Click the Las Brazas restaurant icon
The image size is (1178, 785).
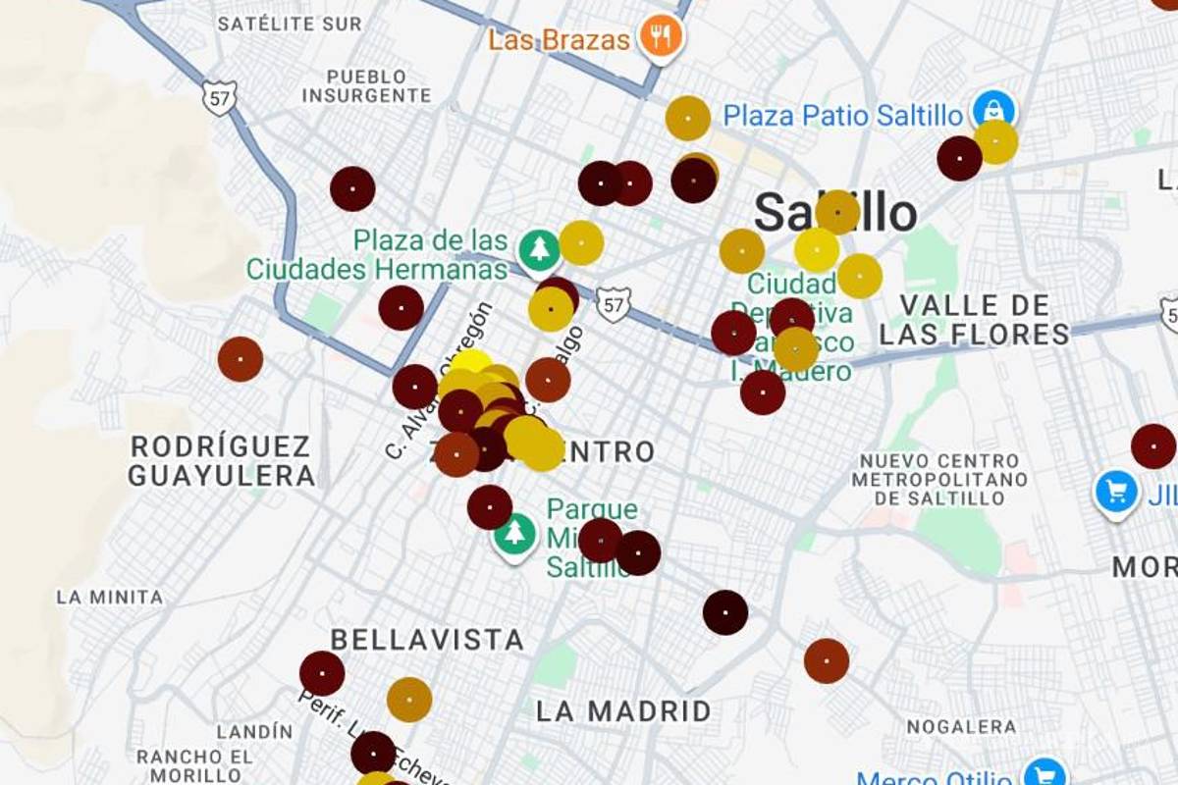click(x=661, y=38)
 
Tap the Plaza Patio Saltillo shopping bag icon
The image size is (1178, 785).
click(x=994, y=111)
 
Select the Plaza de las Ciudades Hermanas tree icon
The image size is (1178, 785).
click(x=539, y=250)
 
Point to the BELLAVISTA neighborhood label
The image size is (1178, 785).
click(x=427, y=641)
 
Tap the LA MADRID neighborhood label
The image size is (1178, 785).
click(x=623, y=711)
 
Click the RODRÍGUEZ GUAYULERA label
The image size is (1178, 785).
click(x=223, y=461)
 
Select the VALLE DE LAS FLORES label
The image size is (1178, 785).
click(x=975, y=320)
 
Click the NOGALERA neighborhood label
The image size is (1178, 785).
click(x=961, y=727)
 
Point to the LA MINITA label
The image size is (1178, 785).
click(x=110, y=597)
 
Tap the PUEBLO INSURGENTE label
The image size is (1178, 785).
click(x=366, y=86)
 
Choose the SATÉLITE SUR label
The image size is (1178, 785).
click(x=290, y=23)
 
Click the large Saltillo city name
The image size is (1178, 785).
click(x=835, y=212)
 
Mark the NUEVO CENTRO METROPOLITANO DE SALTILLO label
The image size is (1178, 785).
click(x=939, y=479)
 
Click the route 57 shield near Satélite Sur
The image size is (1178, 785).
click(x=219, y=97)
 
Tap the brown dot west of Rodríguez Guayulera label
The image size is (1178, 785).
click(x=241, y=359)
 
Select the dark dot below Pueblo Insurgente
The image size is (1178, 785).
click(x=352, y=188)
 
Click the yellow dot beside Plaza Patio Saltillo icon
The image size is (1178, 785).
click(x=995, y=142)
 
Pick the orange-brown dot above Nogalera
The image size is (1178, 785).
click(x=827, y=661)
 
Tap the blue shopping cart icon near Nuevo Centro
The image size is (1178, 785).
click(x=1116, y=491)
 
